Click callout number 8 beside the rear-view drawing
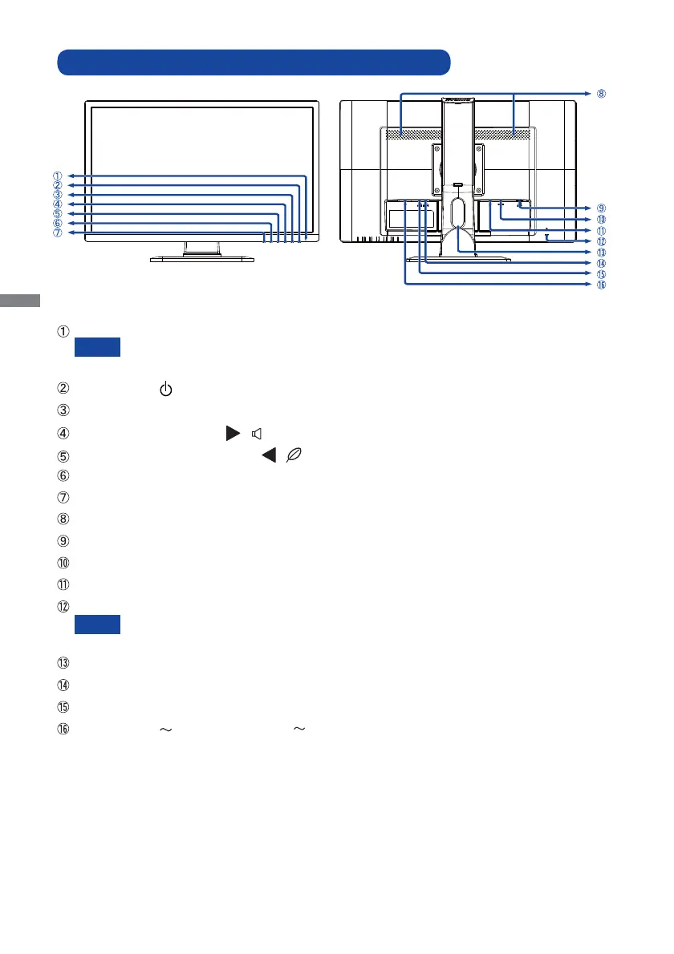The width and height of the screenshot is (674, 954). (601, 94)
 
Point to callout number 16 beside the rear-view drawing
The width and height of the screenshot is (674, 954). (601, 285)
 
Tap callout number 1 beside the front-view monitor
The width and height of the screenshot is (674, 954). (57, 176)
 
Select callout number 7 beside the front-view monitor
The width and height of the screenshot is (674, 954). (57, 233)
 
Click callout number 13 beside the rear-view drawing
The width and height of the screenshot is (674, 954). (601, 252)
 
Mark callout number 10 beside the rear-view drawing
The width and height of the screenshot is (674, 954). (601, 219)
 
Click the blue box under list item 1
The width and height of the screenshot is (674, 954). (97, 347)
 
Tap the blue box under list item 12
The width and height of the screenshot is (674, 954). (97, 625)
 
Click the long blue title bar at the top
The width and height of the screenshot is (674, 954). (254, 62)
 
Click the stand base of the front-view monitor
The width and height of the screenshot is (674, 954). (202, 258)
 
